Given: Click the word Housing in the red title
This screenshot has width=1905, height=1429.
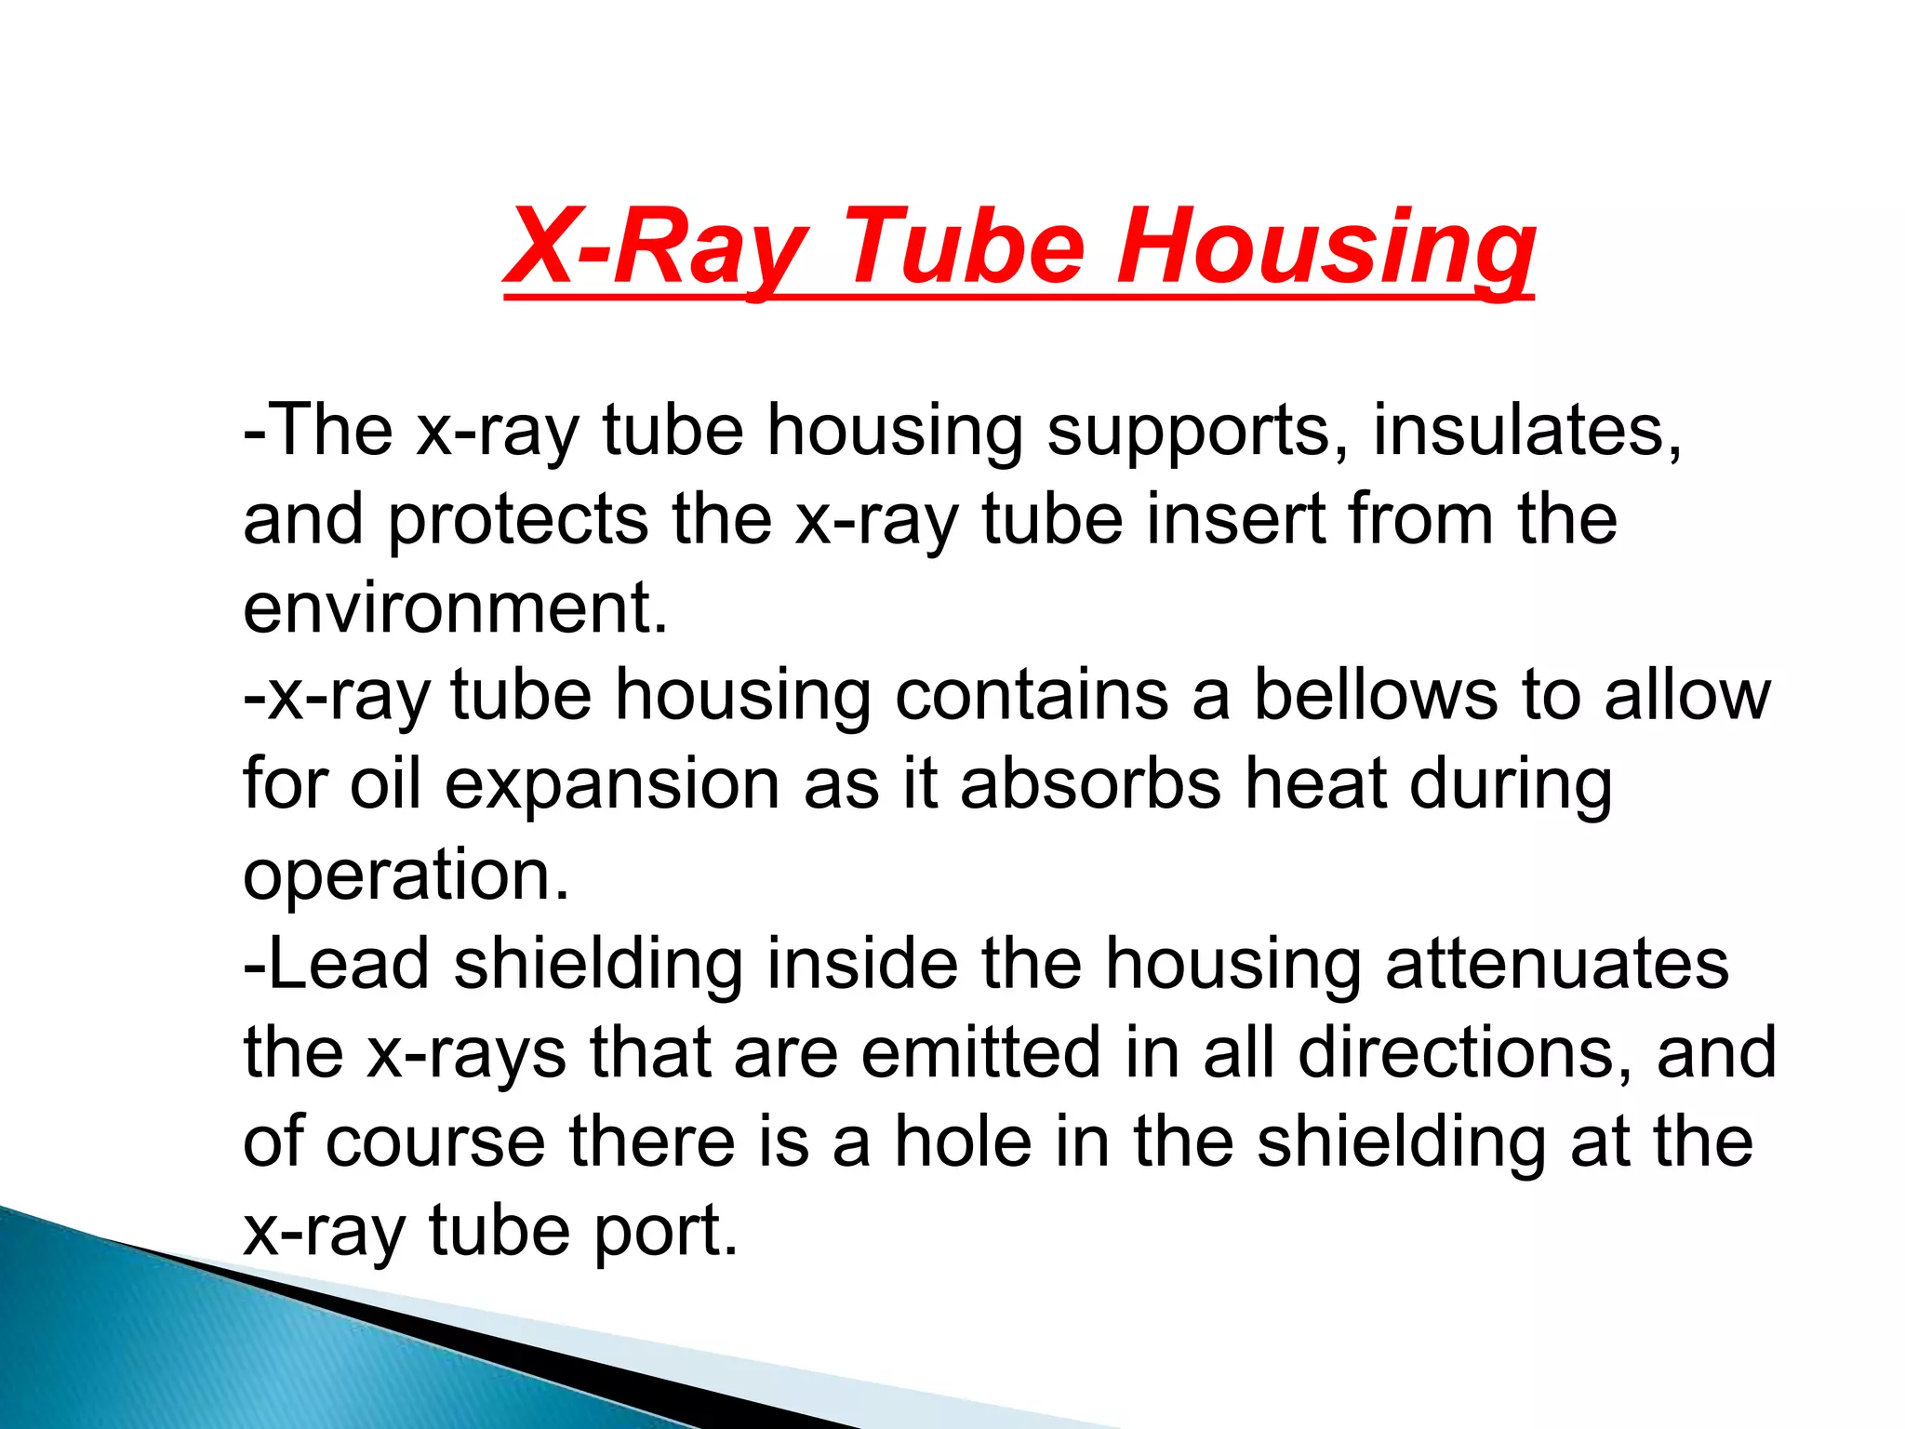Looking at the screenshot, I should tap(1325, 247).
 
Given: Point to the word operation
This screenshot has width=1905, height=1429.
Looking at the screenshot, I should tap(406, 875).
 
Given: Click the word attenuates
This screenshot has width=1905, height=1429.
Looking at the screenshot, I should tap(1557, 963).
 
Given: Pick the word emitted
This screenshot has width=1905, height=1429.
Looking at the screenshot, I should tap(980, 1052).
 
